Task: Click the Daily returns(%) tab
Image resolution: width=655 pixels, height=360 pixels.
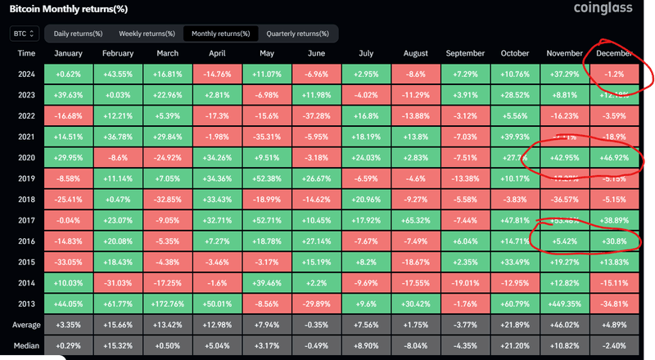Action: point(78,34)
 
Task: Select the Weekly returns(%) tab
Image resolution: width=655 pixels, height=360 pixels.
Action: point(147,34)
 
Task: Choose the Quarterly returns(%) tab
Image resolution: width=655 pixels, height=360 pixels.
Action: point(297,34)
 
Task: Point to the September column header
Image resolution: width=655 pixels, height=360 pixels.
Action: point(465,53)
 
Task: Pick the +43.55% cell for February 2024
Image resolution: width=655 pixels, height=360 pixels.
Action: point(119,73)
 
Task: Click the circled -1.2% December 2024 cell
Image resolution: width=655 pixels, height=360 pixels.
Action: point(614,73)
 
